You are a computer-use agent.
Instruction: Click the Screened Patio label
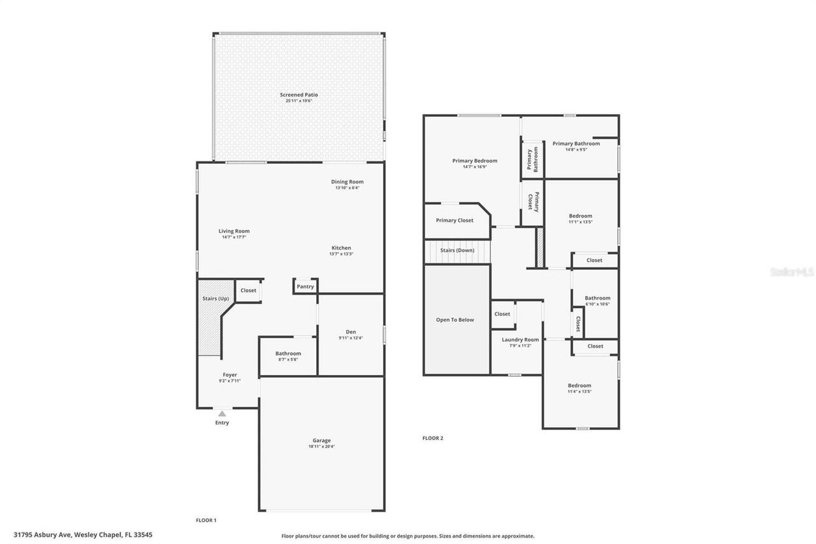(298, 95)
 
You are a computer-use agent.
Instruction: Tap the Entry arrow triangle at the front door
(222, 414)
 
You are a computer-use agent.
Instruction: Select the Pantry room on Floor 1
(305, 286)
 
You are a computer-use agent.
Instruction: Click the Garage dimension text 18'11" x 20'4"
(321, 446)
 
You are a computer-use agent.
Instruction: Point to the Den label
(351, 332)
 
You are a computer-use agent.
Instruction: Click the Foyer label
(229, 375)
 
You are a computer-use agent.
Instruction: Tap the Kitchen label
(341, 248)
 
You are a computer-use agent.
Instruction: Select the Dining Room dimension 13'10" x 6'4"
(347, 187)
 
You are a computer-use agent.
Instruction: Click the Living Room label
(234, 232)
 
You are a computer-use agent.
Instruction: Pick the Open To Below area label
(455, 320)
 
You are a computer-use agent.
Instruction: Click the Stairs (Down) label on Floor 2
(457, 251)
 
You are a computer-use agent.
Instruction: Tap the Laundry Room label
(520, 340)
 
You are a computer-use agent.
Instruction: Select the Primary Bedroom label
(474, 161)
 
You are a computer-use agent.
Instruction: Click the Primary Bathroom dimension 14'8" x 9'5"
(576, 150)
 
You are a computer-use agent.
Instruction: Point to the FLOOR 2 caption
(432, 438)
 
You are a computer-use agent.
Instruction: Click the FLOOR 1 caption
(206, 520)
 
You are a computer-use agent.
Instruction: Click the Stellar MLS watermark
(792, 272)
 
